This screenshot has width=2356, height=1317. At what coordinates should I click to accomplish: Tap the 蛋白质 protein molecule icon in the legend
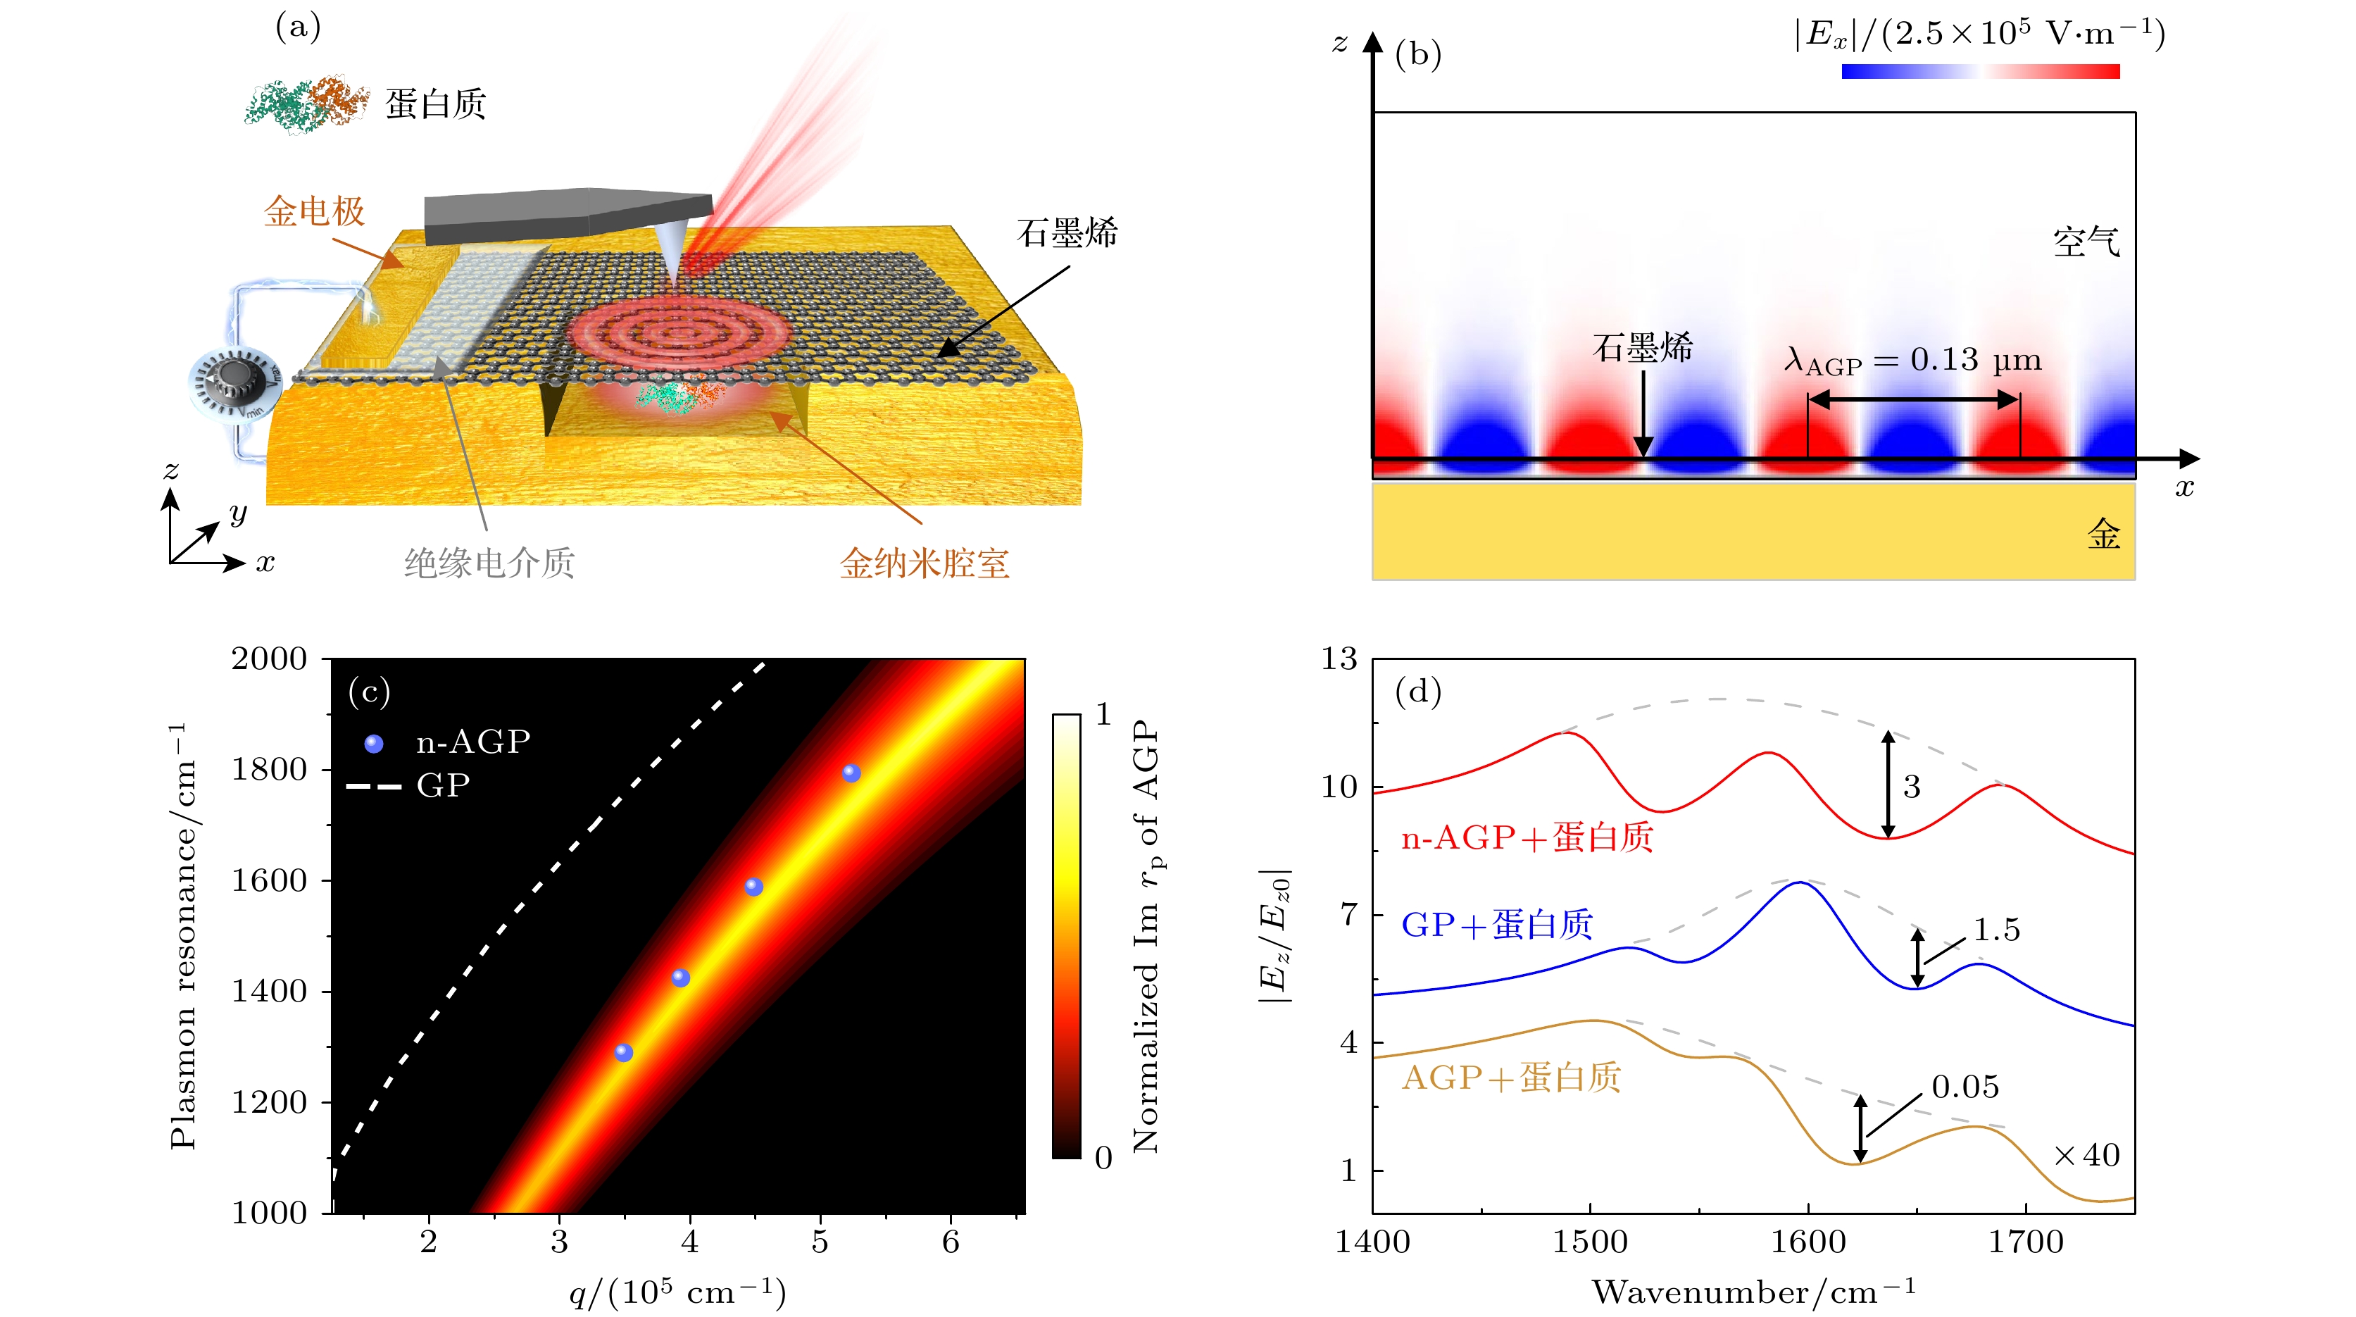(x=306, y=104)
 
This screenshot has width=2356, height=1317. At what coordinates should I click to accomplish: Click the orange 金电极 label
(x=315, y=212)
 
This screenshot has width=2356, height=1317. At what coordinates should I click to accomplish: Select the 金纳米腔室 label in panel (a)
(x=924, y=563)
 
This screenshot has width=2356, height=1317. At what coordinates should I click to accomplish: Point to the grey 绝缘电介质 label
(x=489, y=563)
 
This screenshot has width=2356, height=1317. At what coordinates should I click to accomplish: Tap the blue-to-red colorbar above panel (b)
(x=1980, y=71)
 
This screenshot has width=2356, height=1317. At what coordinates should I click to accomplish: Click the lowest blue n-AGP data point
(x=624, y=1053)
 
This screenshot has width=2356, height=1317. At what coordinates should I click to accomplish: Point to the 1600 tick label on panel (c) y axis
(x=269, y=881)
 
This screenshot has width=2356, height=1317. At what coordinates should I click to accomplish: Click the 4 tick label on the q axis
(x=689, y=1242)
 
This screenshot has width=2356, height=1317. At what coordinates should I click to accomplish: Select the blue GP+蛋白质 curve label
(x=1496, y=925)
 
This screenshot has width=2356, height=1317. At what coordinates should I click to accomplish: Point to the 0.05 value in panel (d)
(x=1965, y=1087)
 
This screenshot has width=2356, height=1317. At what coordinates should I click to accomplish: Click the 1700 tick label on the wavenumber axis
(x=2026, y=1242)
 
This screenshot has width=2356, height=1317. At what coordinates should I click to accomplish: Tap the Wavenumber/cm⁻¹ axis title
(x=1753, y=1292)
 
